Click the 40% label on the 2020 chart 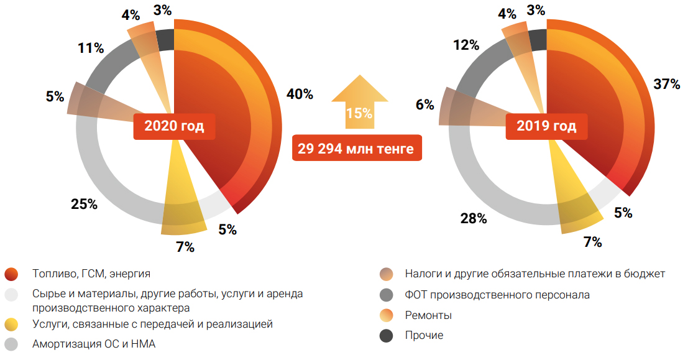[300, 95]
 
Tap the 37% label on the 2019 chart [666, 85]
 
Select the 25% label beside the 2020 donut [83, 204]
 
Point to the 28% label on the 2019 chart [474, 218]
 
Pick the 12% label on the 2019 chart [466, 45]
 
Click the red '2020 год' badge [174, 126]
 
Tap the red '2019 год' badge [546, 126]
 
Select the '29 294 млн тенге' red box [356, 149]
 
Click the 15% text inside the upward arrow [360, 114]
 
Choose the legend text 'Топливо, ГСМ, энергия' [91, 273]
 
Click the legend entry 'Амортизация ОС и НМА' [93, 344]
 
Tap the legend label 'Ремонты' [428, 315]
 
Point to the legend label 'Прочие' [424, 335]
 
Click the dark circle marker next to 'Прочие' [387, 336]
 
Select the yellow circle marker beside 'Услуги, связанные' [11, 325]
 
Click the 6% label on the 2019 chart [425, 105]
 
